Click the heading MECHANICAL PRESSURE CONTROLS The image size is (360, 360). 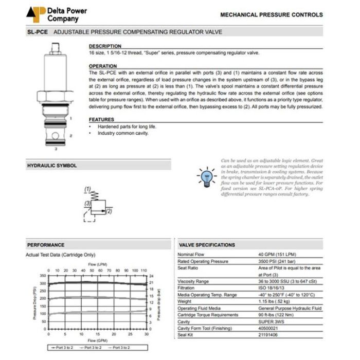[x=272, y=15]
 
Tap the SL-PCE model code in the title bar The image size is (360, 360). [x=37, y=32]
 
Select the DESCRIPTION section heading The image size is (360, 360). [x=105, y=46]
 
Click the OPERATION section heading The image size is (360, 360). [x=103, y=66]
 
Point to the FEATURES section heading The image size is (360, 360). [x=102, y=119]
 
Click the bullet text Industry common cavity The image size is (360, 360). [x=123, y=133]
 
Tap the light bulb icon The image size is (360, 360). [x=206, y=176]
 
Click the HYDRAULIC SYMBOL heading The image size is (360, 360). [x=52, y=166]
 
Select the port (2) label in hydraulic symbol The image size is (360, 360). [x=109, y=211]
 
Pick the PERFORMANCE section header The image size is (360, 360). [x=46, y=245]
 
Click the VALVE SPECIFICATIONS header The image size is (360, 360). [x=207, y=245]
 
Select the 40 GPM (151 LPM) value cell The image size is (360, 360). [x=276, y=255]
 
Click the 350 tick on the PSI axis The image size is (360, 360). [x=43, y=276]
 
